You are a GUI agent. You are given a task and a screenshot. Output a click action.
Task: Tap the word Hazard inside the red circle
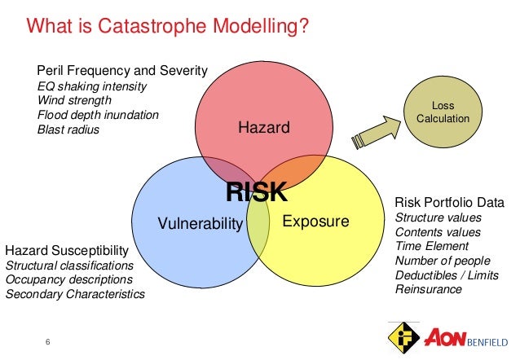[x=263, y=127]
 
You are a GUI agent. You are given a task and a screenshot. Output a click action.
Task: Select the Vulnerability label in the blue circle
[x=200, y=223]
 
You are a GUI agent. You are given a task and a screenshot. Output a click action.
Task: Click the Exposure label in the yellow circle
[x=315, y=222]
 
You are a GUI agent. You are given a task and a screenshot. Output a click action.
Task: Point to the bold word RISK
[x=257, y=192]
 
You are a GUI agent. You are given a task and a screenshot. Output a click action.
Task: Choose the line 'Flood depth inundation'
[x=99, y=115]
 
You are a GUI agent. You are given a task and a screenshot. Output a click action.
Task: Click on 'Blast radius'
[x=68, y=130]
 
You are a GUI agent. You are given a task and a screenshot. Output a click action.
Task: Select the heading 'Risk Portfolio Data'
[x=449, y=202]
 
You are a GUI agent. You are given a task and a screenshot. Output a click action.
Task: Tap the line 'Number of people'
[x=443, y=261]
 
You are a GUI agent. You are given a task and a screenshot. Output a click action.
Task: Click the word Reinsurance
[x=429, y=290]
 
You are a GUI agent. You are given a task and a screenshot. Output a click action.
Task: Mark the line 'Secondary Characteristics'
[x=75, y=294]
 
